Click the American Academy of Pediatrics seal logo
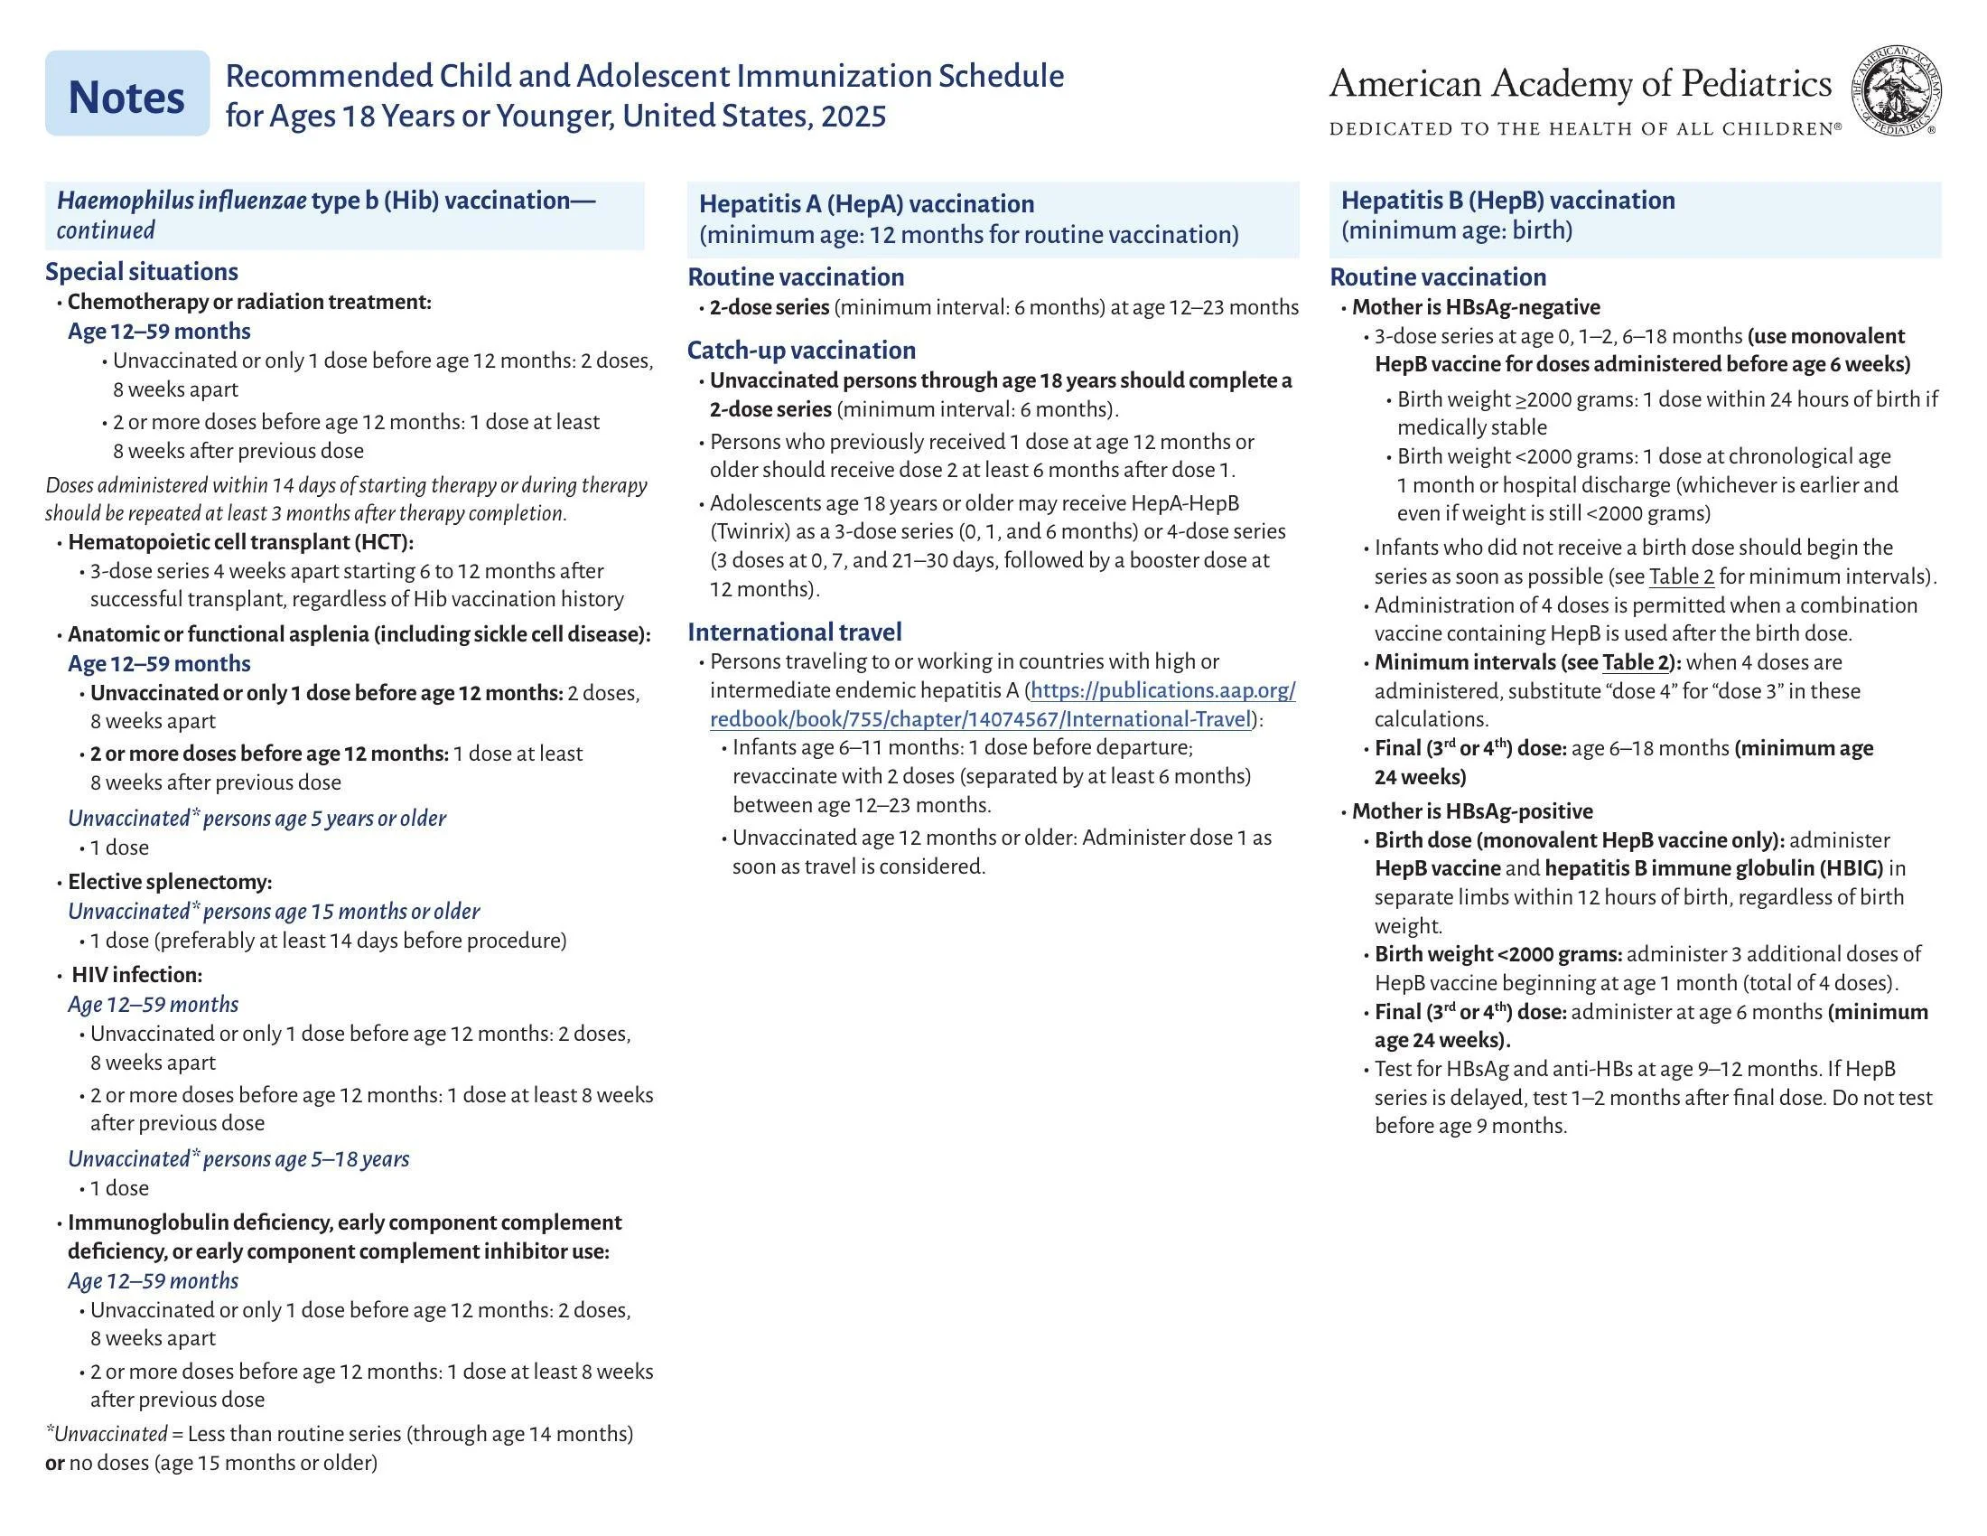pos(1897,92)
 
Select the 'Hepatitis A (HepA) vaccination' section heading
pos(866,204)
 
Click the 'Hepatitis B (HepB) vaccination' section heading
pos(1507,201)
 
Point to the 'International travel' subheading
pos(794,632)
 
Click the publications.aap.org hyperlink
pos(1002,705)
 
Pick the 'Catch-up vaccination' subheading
pos(800,351)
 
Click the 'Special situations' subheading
pos(141,271)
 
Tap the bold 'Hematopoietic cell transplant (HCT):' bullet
pos(240,542)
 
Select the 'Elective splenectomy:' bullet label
pos(169,882)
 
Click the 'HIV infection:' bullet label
pos(136,975)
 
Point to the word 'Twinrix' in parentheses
pos(742,531)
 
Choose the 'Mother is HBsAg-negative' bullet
pos(1475,306)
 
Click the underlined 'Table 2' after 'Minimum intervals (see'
pos(1636,662)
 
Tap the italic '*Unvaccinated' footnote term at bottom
pos(107,1434)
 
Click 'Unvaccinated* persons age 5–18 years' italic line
pos(238,1158)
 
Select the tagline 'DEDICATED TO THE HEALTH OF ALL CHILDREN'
pos(1583,129)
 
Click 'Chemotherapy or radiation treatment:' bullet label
pos(249,302)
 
